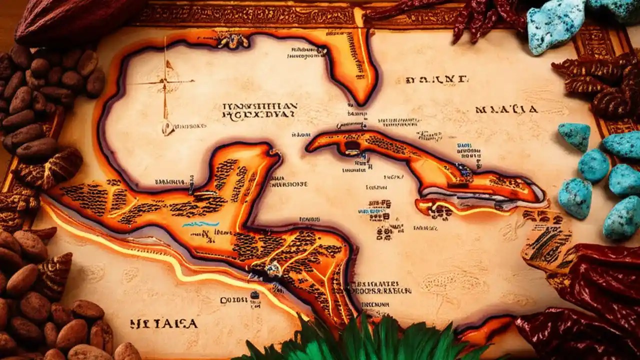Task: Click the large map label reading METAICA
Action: tap(163, 324)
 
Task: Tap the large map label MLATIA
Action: tap(506, 109)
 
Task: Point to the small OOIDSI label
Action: tap(234, 300)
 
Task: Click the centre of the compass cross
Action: tap(164, 82)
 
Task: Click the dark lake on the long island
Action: tap(352, 145)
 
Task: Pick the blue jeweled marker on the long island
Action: tap(464, 171)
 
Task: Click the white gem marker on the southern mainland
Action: tap(272, 269)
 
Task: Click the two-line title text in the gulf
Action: tap(259, 110)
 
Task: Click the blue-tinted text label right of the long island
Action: tap(468, 150)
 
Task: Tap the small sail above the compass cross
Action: tap(168, 65)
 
